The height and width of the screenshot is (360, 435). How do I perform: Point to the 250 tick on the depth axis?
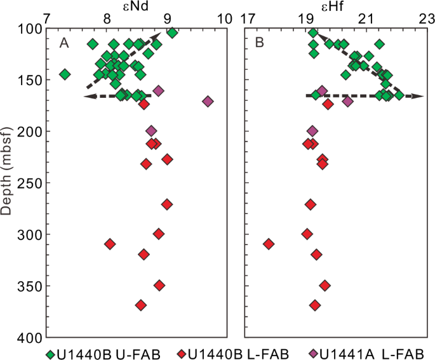[x=29, y=183]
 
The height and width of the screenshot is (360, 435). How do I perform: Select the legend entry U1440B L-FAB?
[x=234, y=352]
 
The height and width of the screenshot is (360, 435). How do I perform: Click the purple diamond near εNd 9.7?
[x=208, y=102]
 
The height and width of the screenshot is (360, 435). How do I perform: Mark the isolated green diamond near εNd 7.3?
[x=64, y=74]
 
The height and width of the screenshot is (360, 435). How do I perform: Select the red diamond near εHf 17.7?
[x=269, y=244]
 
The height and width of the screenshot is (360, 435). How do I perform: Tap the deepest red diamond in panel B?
[x=315, y=305]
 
